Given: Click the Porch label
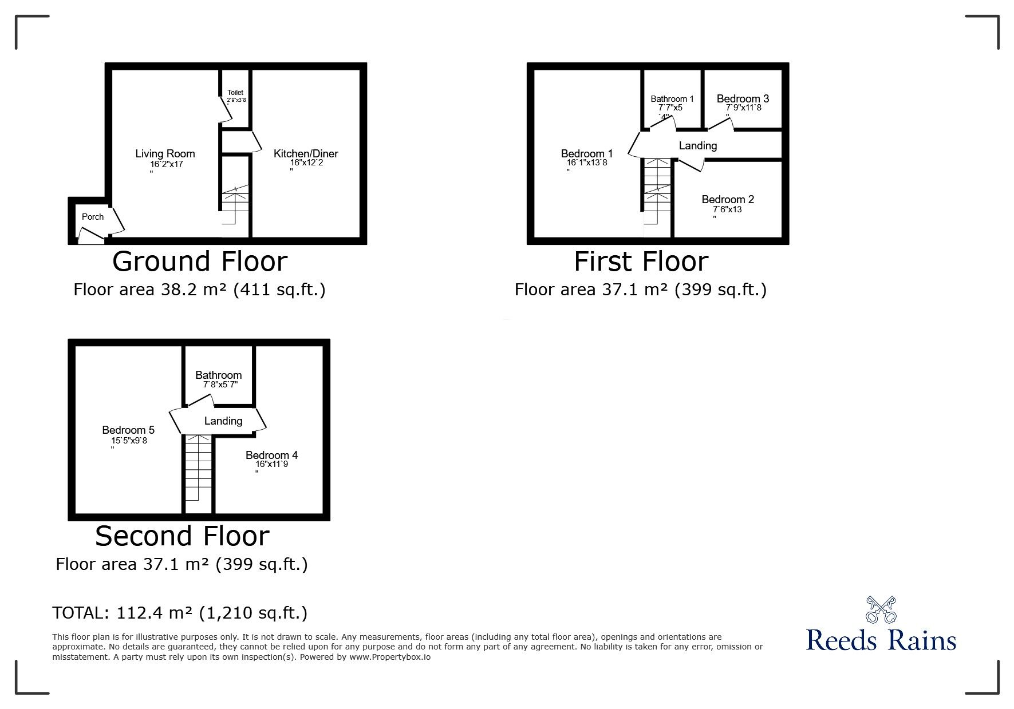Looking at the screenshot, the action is click(93, 217).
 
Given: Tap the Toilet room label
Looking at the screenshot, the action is click(235, 93).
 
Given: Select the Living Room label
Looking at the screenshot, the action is click(165, 153).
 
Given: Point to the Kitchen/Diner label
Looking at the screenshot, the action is click(306, 153).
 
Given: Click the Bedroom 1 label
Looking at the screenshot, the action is click(587, 153).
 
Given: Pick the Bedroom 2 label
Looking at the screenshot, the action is click(728, 199).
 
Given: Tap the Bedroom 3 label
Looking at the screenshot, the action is click(743, 98).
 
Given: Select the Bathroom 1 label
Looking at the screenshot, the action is click(672, 99).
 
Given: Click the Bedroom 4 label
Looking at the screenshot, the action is click(271, 455).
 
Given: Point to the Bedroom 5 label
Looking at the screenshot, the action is click(128, 430).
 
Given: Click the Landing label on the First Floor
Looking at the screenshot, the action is click(698, 146).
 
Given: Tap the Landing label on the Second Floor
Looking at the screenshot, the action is click(223, 421).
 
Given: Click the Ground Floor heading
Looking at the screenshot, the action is click(200, 262).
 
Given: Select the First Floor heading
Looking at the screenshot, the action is click(641, 262).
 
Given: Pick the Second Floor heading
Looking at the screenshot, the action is click(182, 536).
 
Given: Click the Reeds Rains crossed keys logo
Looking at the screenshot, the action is click(881, 610).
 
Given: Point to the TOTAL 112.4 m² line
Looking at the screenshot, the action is click(180, 613).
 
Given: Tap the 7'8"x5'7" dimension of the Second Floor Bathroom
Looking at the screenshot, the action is click(220, 385).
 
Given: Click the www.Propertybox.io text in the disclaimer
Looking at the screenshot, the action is click(390, 657).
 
